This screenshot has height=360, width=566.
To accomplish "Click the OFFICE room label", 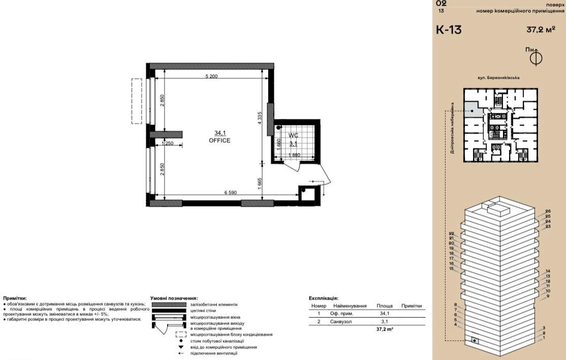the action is click(x=219, y=140).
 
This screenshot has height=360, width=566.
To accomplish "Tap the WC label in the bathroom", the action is click(x=293, y=136).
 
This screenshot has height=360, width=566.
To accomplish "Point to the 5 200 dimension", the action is click(x=211, y=77).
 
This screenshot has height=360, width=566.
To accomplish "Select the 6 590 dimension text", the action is click(x=231, y=192).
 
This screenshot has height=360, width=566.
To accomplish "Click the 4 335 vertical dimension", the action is click(x=260, y=118).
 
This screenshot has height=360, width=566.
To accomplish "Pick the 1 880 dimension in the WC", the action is click(x=294, y=155).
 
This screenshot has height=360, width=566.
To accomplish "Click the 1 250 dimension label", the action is click(x=168, y=143).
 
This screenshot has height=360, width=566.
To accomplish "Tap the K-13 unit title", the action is click(x=449, y=29).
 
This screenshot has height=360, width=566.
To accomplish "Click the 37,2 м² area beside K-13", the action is click(x=541, y=29).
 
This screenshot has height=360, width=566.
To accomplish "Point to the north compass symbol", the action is click(x=536, y=58).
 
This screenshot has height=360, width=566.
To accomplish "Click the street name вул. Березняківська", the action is click(x=498, y=78).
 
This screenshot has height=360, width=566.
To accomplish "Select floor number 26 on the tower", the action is click(x=548, y=211).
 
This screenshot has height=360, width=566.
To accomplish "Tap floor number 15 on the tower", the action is click(x=451, y=269).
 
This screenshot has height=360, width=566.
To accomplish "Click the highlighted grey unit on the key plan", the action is click(x=473, y=109).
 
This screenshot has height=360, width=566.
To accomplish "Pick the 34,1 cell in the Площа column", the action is click(x=385, y=313).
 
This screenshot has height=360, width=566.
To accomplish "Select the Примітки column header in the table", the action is click(x=412, y=306).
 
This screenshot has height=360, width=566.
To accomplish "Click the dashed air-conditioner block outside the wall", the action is click(x=137, y=102).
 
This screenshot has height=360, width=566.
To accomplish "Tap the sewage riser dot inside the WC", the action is click(x=278, y=127).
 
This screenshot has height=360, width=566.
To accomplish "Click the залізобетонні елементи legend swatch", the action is click(x=169, y=305).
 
